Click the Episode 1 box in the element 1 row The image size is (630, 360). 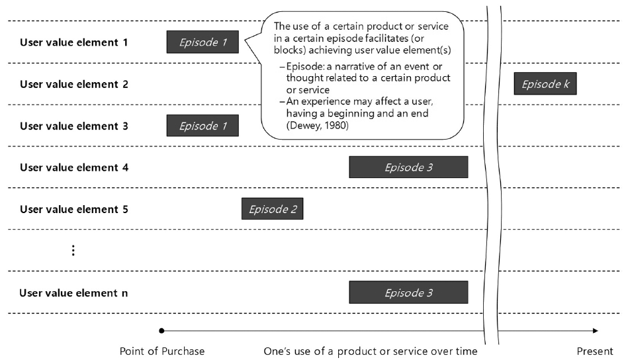202,42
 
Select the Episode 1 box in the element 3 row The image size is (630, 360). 202,126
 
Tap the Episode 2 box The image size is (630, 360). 272,210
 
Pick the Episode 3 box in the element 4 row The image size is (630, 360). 408,167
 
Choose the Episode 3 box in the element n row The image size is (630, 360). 408,292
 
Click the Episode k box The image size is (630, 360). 545,84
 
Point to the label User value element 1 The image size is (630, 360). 74,42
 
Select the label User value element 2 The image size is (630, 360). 74,84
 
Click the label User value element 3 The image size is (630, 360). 74,126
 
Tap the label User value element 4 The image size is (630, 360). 74,167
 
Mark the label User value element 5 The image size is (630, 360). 74,210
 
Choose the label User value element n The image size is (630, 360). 74,292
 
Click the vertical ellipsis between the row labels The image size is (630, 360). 73,250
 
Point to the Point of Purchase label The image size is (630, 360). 162,351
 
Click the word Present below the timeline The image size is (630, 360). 594,351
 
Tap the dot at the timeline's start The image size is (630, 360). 161,330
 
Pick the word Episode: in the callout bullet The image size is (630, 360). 306,67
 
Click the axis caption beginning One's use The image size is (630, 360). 370,351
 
